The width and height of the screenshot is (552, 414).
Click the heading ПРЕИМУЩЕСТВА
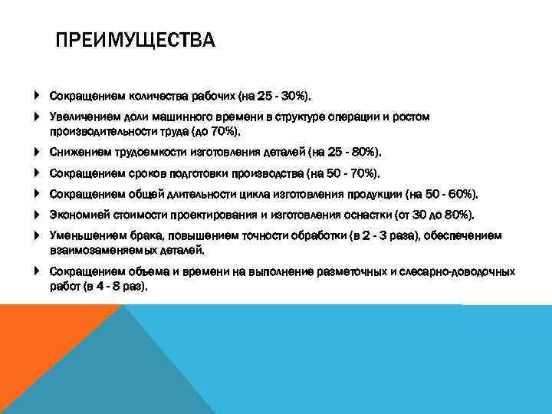click(136, 40)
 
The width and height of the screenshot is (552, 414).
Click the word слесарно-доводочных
click(467, 271)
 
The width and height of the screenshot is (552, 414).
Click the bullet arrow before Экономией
click(37, 215)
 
